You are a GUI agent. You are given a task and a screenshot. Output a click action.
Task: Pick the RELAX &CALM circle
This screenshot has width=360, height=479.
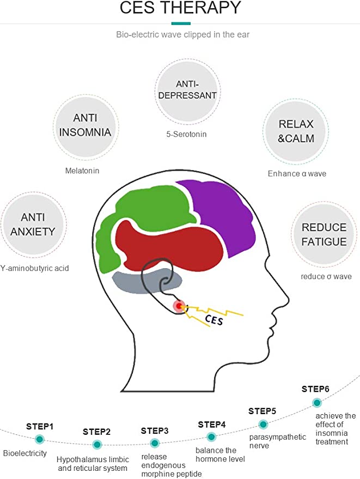[296, 131]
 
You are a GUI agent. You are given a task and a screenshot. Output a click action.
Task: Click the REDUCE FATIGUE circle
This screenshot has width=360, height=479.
[324, 234]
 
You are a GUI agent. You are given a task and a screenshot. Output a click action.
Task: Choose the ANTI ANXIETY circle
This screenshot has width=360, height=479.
[33, 225]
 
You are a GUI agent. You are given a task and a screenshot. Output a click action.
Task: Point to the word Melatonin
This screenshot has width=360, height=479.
[82, 171]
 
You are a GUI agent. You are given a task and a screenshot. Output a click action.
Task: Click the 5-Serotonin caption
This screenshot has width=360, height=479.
[186, 134]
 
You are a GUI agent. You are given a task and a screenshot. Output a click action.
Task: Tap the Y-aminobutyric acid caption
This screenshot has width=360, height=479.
[34, 268]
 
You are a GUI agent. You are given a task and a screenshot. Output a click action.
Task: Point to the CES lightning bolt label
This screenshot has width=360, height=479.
[213, 320]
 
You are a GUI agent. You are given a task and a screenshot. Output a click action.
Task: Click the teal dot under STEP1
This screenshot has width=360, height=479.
[39, 439]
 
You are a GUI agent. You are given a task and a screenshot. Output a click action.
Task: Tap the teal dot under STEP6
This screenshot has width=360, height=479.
[317, 403]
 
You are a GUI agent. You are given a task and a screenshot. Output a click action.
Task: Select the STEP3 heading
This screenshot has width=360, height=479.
[155, 431]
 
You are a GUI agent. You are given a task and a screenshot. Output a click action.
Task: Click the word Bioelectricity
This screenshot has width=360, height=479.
[25, 453]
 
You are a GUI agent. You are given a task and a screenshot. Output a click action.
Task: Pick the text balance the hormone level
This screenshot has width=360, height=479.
[220, 454]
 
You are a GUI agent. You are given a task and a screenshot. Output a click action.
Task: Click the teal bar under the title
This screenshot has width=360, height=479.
[181, 23]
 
